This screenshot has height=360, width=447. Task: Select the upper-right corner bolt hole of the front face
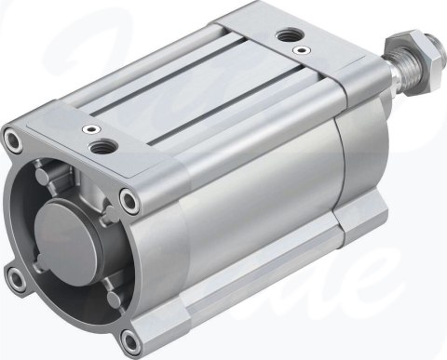pos(129,197)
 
